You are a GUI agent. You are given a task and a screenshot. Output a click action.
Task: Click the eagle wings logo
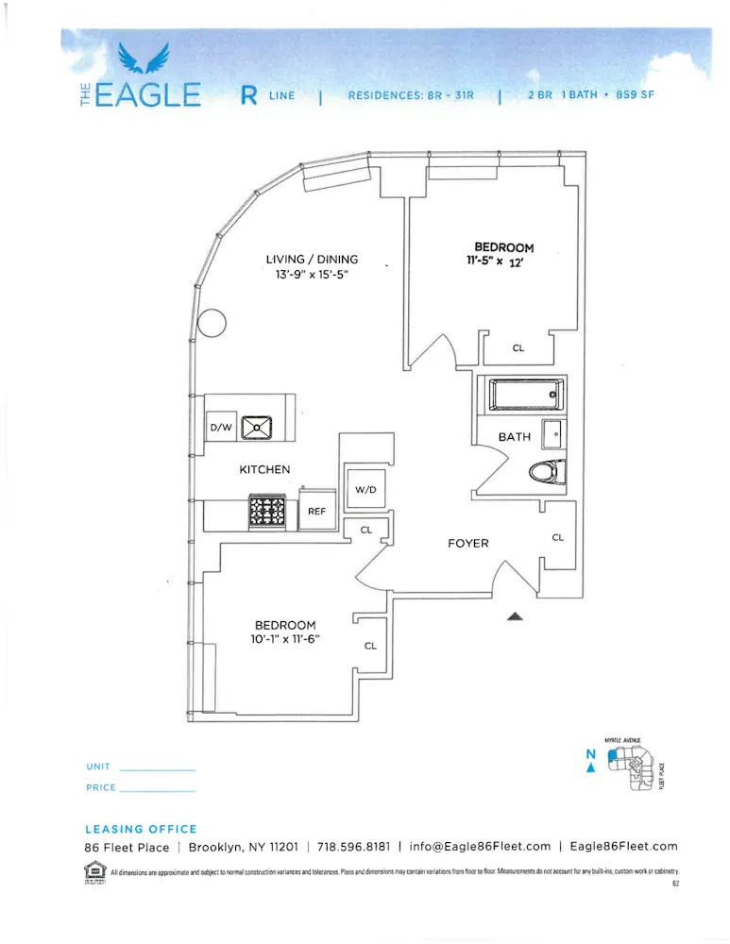coord(144,60)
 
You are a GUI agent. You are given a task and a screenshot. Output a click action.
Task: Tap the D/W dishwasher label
coord(221,428)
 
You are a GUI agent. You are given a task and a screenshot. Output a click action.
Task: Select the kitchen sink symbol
coord(257,428)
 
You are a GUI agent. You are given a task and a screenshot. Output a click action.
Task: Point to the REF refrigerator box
coord(317,511)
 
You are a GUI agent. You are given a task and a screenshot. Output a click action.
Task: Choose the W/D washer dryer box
coord(364,490)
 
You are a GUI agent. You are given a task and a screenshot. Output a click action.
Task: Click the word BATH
coord(515,437)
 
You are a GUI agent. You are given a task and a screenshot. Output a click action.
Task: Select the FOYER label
coord(467,543)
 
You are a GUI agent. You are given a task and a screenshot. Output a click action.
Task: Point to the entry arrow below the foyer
coord(515,616)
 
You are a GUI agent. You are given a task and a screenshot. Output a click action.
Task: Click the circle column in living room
coord(212,324)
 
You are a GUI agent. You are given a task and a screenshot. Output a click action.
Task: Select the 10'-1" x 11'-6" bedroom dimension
coord(284,639)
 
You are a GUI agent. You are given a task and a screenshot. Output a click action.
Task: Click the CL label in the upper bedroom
coord(518,348)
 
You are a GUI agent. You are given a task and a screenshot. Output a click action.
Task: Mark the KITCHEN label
coord(264,469)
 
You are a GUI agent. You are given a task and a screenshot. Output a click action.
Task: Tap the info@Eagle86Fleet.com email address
coord(480,847)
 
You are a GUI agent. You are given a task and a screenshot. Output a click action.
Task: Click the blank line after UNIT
coord(158,768)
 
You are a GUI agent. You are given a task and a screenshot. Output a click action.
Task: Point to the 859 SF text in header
coord(634,95)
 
